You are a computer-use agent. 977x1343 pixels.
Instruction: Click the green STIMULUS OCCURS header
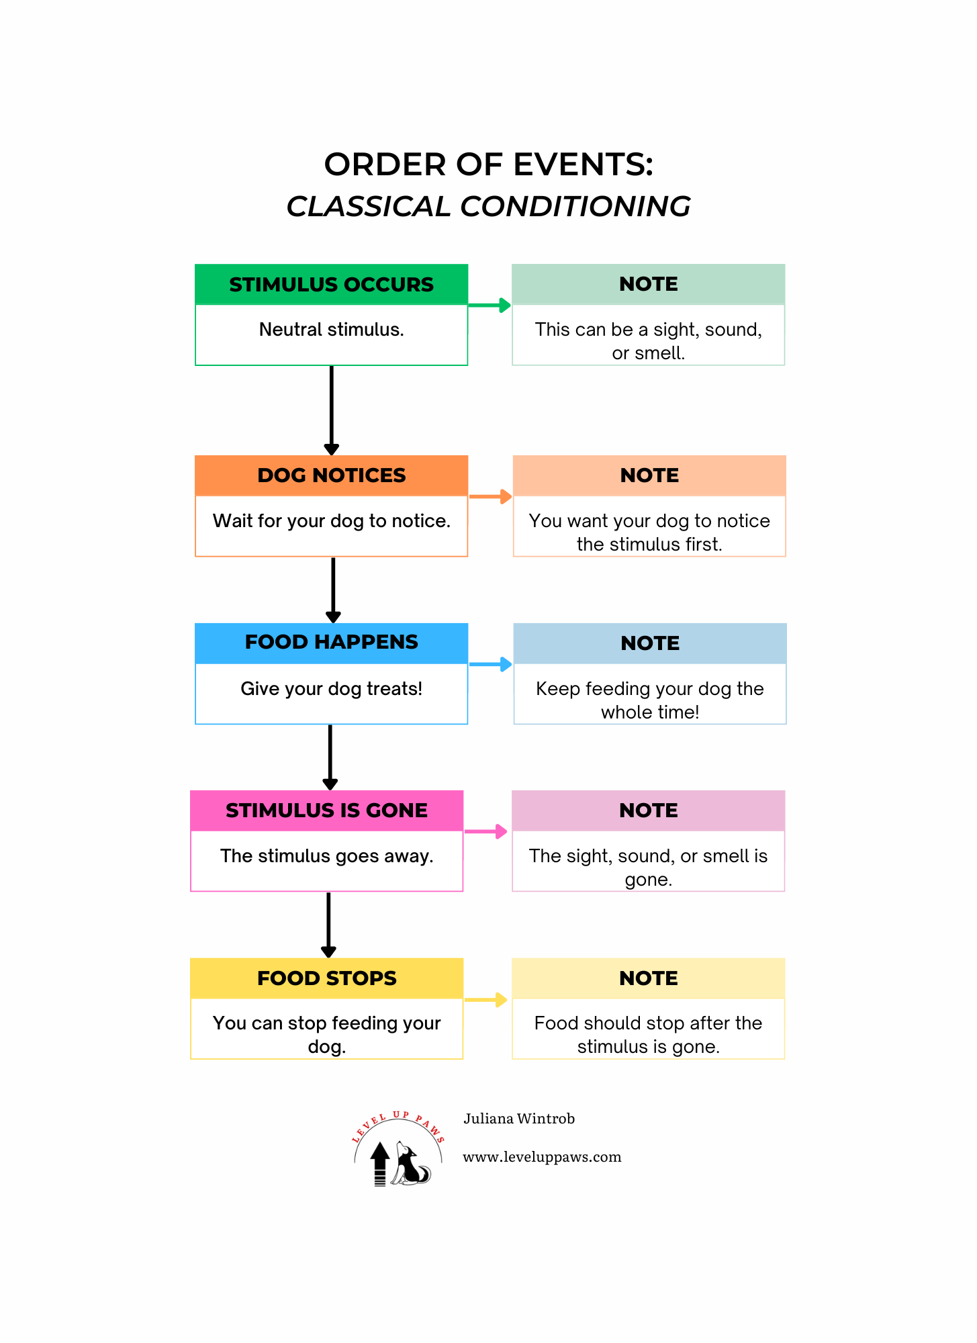tap(331, 284)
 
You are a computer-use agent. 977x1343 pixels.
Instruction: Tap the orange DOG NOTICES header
tap(331, 475)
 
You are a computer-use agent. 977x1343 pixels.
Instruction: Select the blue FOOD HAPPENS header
tap(331, 643)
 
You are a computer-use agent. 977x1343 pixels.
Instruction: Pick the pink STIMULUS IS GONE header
tap(326, 811)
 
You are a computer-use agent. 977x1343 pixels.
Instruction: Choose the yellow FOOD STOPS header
tap(326, 978)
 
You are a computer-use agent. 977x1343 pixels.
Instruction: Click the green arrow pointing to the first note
tap(490, 306)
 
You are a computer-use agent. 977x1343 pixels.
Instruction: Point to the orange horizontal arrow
tap(490, 497)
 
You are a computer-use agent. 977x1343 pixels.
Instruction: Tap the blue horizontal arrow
tap(490, 665)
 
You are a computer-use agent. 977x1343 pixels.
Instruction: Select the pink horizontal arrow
tap(485, 831)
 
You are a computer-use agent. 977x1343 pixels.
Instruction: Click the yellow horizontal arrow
tap(485, 1000)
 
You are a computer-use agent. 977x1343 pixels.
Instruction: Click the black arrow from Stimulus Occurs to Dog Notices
tap(331, 410)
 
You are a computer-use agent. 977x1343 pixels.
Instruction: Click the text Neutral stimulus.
tap(331, 330)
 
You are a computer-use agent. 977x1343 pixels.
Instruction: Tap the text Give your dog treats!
tap(331, 689)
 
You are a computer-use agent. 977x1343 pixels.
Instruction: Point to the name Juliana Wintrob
tap(519, 1119)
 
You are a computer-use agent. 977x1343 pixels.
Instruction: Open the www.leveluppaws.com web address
tap(542, 1157)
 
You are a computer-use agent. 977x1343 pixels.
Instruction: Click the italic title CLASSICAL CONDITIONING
tap(488, 207)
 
